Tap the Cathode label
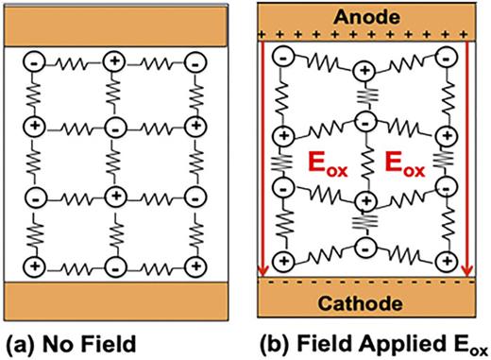(x=364, y=304)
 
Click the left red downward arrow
(x=262, y=161)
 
